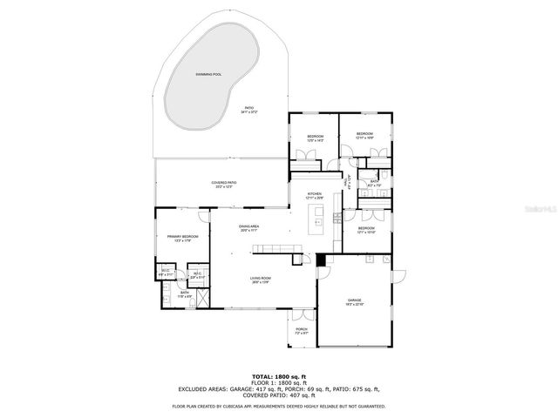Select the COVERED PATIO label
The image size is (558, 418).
223,182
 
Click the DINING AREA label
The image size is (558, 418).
249,226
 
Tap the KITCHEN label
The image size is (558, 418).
314,193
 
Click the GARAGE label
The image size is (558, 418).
355,300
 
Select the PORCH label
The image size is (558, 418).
302,329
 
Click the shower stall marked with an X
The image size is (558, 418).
201,297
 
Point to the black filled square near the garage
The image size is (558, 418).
322,259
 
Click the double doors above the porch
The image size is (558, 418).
302,313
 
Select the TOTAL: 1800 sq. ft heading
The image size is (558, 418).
279,375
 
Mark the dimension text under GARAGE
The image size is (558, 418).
355,304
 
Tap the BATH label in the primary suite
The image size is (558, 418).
184,293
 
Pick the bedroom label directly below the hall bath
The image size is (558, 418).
367,228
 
